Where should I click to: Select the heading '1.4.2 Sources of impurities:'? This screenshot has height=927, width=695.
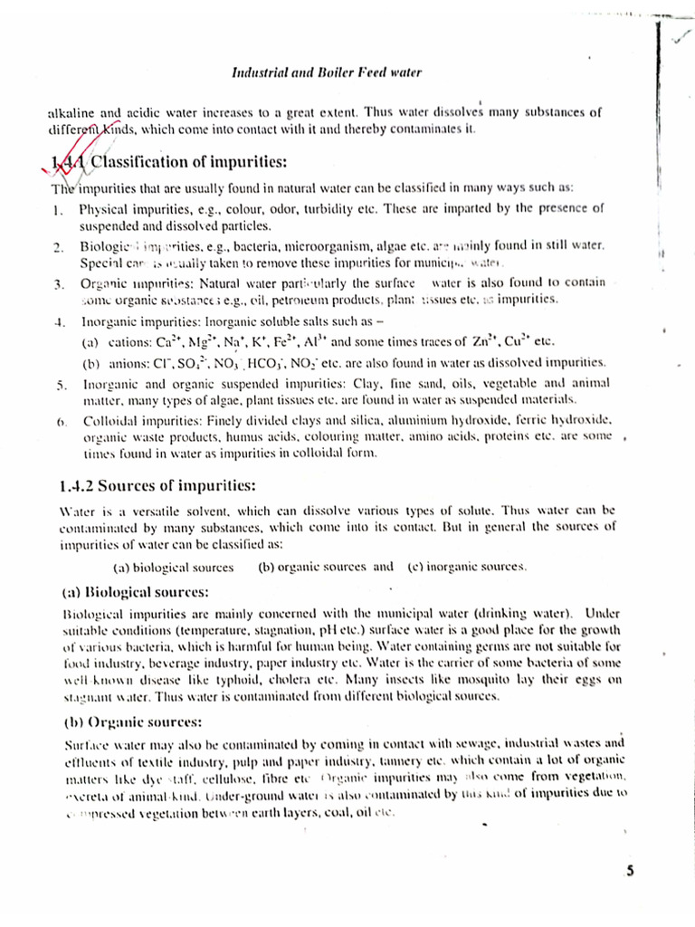coord(157,484)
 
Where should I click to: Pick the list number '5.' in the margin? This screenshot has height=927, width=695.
coord(57,385)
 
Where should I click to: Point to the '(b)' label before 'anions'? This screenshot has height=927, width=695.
coord(90,363)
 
